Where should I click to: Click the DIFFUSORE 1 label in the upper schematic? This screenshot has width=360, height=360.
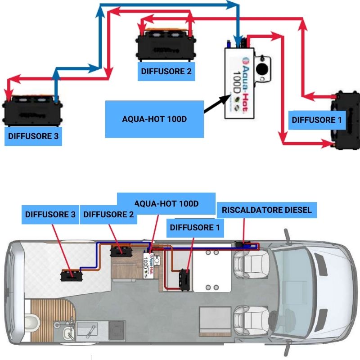[317, 120]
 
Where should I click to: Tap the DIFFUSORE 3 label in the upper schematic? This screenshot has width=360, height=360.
[33, 135]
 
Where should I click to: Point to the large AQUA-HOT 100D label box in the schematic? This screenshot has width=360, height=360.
[154, 119]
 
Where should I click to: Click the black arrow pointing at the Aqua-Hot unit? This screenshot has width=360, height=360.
[215, 103]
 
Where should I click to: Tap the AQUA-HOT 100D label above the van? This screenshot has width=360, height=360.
[166, 203]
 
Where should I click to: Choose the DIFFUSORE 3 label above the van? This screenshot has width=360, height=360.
[50, 214]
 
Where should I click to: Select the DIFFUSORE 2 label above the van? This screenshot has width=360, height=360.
[108, 214]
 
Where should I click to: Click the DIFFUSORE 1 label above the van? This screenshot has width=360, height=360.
[195, 228]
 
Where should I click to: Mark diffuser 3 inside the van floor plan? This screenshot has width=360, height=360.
[71, 274]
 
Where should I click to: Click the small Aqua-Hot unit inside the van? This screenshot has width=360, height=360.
[149, 266]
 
